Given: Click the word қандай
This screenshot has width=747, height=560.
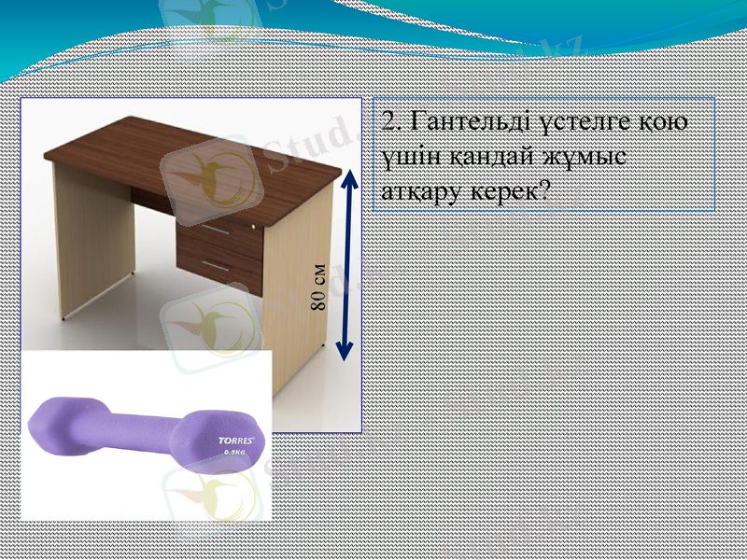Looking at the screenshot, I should pos(489,156).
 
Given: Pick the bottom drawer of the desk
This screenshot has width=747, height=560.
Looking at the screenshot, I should pos(220,270).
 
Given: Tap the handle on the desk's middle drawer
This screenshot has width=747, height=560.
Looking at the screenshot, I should pos(216,227).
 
